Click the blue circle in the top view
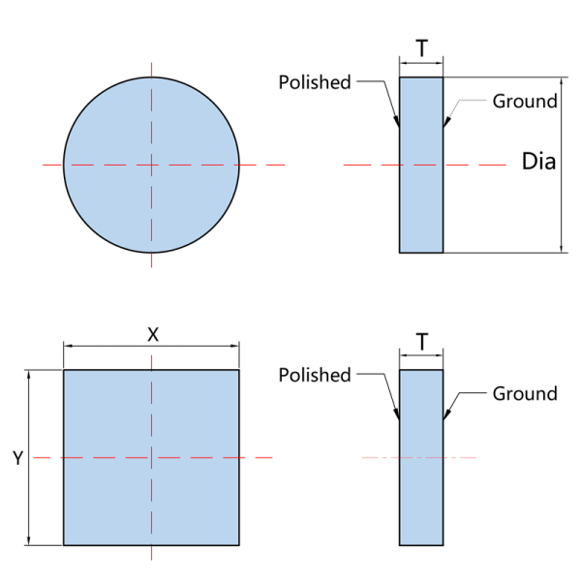coord(151,165)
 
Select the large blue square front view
coord(151,458)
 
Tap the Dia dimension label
coord(538,162)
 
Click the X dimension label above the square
coord(153,335)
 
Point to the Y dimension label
coord(18,458)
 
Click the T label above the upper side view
coord(421,48)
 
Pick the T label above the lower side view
coord(421,341)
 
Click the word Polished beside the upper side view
coord(315,82)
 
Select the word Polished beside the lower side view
coord(315,375)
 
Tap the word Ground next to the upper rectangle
coord(525,101)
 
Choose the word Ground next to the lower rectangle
coord(525,393)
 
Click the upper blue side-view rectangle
coord(421,165)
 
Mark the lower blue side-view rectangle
coord(421,458)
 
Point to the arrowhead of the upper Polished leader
coord(397,122)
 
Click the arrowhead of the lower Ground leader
coord(446,414)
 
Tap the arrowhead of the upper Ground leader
coord(446,122)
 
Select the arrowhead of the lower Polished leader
coord(397,414)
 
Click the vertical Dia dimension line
coord(562,165)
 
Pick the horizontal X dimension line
coord(151,346)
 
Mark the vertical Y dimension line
coord(29,458)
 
